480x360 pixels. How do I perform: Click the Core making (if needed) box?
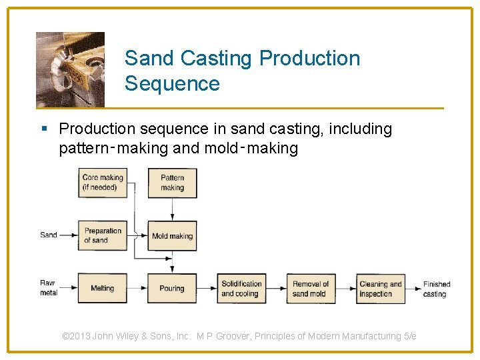102,183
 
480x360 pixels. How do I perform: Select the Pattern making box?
172,183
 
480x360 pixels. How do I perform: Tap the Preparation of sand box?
102,235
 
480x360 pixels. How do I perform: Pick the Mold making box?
172,236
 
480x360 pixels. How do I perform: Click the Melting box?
102,288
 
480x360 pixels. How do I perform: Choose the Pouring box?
172,288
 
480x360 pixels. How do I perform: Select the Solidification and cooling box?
241,288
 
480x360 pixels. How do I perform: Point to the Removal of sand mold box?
311,288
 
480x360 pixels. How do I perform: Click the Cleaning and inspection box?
381,288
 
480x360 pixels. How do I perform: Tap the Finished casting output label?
437,289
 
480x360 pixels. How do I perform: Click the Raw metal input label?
48,287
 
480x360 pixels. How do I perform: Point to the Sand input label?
49,235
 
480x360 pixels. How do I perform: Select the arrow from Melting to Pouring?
137,288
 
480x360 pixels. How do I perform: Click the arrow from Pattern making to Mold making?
172,209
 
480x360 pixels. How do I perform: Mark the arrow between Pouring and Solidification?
207,288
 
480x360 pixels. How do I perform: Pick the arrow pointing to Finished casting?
413,288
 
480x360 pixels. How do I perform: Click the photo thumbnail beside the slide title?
70,69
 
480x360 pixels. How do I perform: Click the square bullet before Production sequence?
44,129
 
